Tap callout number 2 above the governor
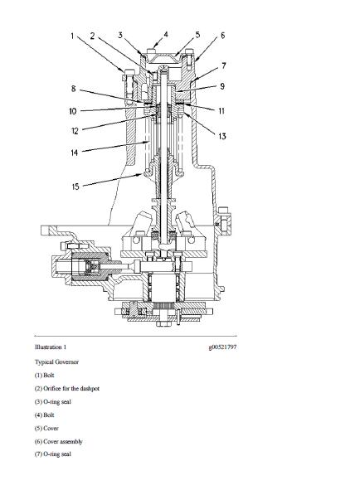click(x=93, y=36)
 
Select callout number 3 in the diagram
click(x=121, y=35)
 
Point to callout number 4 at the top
click(x=165, y=34)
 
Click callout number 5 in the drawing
click(x=197, y=35)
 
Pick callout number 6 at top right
click(x=222, y=36)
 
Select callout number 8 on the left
click(x=73, y=89)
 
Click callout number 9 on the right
click(x=223, y=85)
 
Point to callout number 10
click(x=74, y=110)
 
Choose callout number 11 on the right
click(x=222, y=110)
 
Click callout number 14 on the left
click(x=74, y=153)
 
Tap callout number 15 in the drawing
click(x=75, y=187)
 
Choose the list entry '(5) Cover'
click(x=46, y=428)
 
